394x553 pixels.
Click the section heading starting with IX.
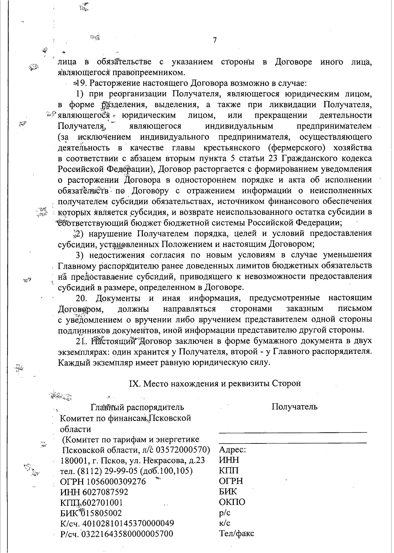215,383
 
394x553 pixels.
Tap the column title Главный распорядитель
137,407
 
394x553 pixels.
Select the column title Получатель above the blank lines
295,407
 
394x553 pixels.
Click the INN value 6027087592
107,492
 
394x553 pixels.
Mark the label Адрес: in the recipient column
232,450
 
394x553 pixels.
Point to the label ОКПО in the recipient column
232,502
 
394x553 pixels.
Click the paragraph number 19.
81,83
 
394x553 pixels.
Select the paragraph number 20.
81,298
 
